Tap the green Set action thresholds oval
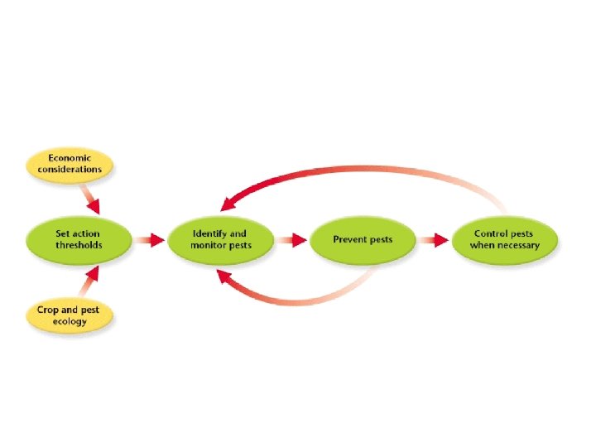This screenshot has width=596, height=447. [x=79, y=239]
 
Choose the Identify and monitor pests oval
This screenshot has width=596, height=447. [x=220, y=239]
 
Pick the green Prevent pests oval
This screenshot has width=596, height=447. [x=363, y=239]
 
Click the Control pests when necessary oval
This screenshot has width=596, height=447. [x=505, y=239]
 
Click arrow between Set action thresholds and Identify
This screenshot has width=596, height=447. [x=150, y=240]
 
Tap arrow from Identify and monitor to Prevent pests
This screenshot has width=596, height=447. [x=291, y=240]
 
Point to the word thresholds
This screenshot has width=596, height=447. [x=79, y=245]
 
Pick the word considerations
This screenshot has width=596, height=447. [x=74, y=169]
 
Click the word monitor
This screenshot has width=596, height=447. [x=209, y=245]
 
